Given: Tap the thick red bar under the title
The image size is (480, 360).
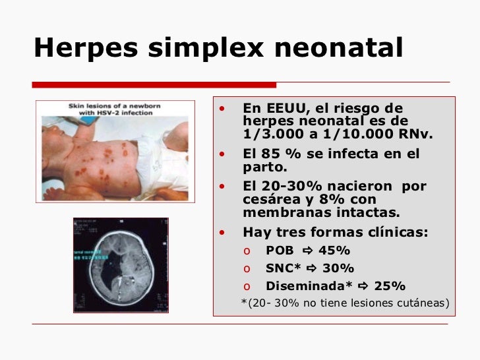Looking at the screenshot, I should coord(154,84).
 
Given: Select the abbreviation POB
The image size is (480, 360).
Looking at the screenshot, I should coord(280,251).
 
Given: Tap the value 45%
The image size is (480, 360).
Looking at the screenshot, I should coord(334,251).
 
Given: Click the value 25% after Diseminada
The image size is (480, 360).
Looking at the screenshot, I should coord(390,286).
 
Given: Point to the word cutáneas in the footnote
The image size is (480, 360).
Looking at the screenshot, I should coord(419,303).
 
